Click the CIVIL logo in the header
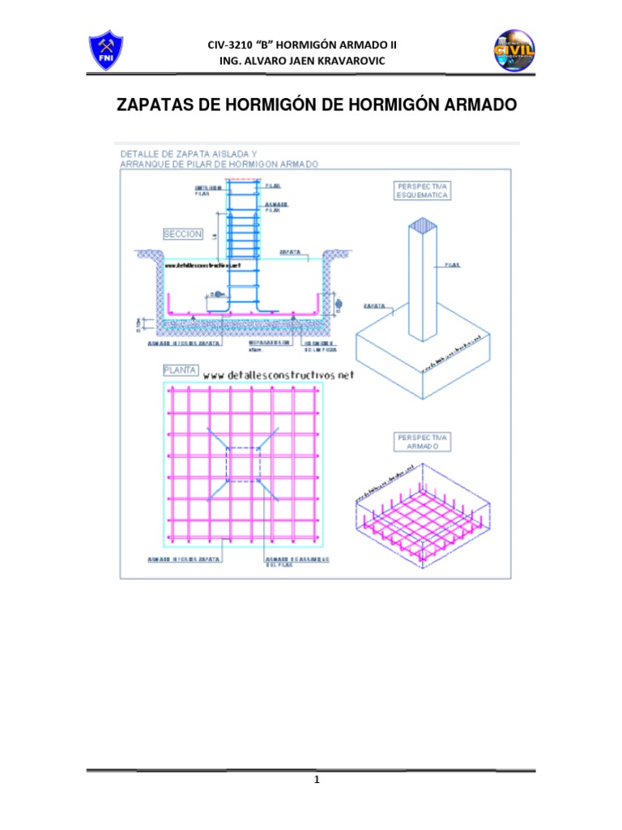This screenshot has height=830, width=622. [514, 51]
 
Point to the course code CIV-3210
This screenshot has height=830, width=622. [236, 45]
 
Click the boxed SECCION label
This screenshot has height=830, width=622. [182, 233]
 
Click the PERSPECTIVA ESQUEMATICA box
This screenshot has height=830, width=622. [423, 190]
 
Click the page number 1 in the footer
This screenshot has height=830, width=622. [318, 781]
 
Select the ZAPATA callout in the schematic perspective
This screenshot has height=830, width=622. [373, 307]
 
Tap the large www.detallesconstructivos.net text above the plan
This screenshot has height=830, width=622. [279, 375]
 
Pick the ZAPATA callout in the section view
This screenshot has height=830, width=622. [291, 252]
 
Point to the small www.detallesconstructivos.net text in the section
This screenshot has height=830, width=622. [202, 265]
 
